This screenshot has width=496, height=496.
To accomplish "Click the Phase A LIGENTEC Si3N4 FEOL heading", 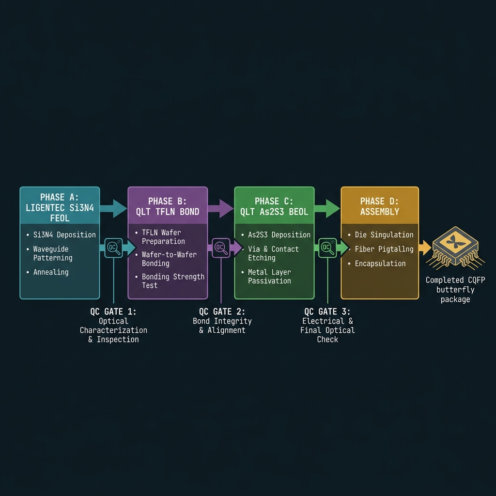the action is point(60,207).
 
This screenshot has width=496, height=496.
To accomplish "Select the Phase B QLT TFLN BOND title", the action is point(168,206).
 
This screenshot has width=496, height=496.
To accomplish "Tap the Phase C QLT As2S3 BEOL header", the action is point(274,206).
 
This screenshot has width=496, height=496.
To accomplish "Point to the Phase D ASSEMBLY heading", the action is point(380,206).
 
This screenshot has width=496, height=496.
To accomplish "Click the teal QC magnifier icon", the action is point(113,248).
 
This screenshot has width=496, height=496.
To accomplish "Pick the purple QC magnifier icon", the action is point(221,248).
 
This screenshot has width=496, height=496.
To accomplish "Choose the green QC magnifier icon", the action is point(327,248).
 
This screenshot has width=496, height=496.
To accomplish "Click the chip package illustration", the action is point(455,248).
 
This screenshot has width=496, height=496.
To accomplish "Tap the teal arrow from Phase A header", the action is point(113,208).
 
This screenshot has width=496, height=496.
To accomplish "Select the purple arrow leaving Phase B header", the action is point(220,208).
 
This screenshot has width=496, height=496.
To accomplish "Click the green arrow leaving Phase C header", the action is point(327,208).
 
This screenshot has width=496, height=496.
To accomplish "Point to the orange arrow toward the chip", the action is point(425,248).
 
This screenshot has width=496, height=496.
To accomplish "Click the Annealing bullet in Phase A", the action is point(48,272).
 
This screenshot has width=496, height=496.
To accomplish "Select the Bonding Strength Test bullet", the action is point(170,281).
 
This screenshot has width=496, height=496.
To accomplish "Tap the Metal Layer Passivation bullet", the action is point(266,277).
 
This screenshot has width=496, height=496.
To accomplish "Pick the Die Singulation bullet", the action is point(381,235).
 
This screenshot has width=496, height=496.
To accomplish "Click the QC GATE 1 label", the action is point(113,311).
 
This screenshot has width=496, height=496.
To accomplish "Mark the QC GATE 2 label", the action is point(222,311).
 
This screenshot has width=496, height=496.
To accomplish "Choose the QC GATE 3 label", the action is point(327,311).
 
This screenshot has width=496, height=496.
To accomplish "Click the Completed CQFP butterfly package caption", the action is point(455,290).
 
